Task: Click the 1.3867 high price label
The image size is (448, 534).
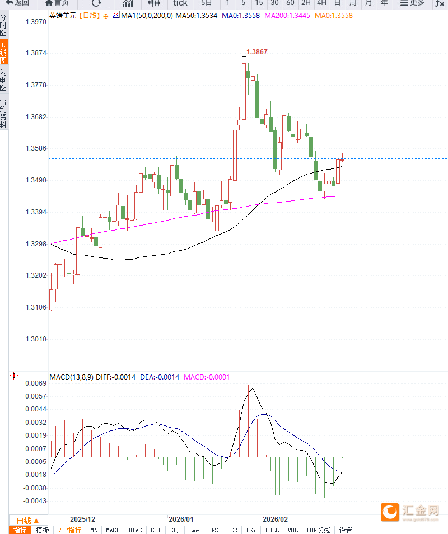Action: point(257,52)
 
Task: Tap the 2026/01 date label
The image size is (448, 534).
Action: point(181,518)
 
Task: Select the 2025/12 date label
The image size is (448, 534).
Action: point(82,518)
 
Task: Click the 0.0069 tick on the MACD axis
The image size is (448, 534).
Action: point(36,383)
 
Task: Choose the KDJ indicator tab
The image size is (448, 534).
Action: point(175,530)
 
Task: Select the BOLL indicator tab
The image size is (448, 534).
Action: point(272,530)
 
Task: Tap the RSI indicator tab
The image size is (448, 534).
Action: point(216,530)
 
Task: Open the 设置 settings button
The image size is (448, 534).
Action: point(346,530)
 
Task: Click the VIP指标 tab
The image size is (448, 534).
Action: point(69,530)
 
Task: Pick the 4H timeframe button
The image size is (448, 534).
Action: point(321,3)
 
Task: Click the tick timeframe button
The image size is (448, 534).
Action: point(180,3)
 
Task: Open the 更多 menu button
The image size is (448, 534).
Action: point(412,3)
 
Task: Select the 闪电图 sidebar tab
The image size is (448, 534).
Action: point(4,80)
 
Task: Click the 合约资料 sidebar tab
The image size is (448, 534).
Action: point(4,114)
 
